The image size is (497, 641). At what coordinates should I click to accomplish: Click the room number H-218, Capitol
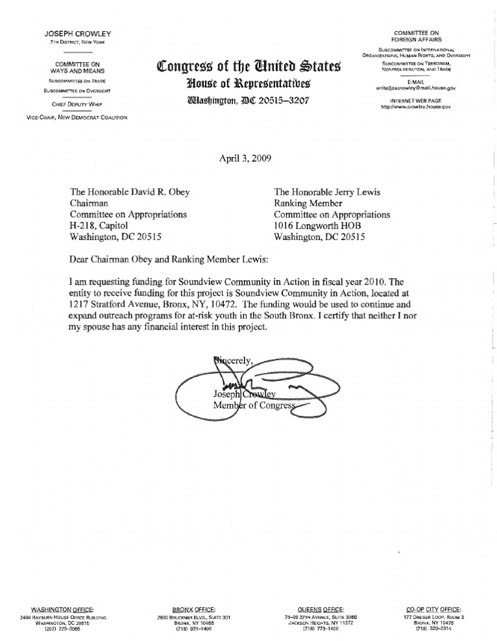pyautogui.click(x=103, y=226)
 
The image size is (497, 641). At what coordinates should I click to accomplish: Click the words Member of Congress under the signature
pyautogui.click(x=254, y=406)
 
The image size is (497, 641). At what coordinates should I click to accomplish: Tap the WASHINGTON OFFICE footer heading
pyautogui.click(x=62, y=609)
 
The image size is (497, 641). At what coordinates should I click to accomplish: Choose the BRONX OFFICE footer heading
pyautogui.click(x=194, y=609)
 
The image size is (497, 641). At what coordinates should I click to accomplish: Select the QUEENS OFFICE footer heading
pyautogui.click(x=321, y=609)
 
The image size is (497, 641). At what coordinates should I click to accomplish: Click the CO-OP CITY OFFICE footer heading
pyautogui.click(x=434, y=609)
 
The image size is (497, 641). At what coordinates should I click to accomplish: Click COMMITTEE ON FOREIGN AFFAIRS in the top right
pyautogui.click(x=416, y=36)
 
